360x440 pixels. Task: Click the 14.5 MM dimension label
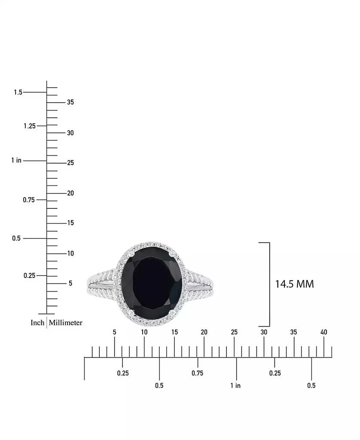coord(294,284)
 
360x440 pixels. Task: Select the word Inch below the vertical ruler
coord(37,323)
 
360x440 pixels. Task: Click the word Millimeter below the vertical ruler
coord(65,323)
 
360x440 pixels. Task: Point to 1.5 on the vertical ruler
coord(18,92)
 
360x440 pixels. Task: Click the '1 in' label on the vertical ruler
coord(16,160)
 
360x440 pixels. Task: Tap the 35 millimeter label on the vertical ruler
coord(70,102)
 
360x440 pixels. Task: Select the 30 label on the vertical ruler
coord(70,133)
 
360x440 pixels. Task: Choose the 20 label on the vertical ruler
coord(70,193)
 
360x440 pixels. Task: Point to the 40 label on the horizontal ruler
coord(323,332)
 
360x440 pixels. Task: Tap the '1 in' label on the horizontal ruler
coord(235,385)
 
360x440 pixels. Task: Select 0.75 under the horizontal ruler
coord(197,373)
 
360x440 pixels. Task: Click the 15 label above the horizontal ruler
coord(174,332)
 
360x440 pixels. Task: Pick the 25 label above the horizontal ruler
coord(234,332)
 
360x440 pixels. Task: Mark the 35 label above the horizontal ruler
coord(294,332)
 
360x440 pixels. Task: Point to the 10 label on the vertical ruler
coord(70,254)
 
